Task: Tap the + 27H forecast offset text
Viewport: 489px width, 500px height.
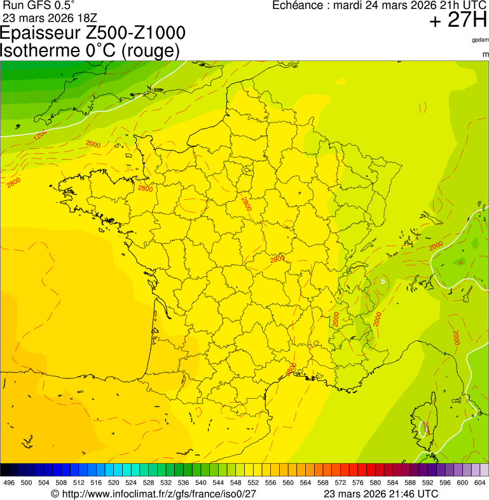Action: click(458, 20)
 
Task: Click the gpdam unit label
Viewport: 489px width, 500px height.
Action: click(480, 40)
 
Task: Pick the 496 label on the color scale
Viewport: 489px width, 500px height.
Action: click(9, 483)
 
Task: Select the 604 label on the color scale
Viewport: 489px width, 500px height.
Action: click(480, 483)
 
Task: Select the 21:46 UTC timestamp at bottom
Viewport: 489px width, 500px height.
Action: click(413, 494)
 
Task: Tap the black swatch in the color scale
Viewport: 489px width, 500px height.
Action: click(5, 470)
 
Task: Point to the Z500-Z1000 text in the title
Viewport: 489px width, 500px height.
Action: click(139, 34)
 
